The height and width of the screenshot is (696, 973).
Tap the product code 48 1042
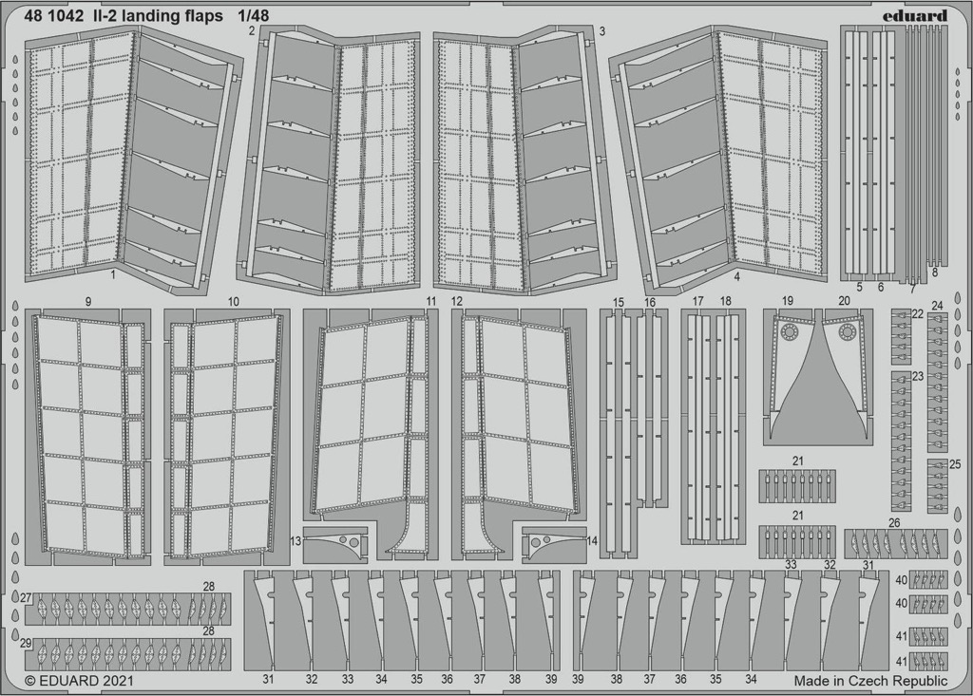(x=54, y=16)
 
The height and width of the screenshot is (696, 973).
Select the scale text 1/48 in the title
(x=253, y=16)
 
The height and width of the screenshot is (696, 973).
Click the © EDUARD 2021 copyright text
(x=80, y=681)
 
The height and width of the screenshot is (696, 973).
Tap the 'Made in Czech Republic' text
(x=871, y=681)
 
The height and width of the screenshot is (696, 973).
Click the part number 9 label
(x=88, y=302)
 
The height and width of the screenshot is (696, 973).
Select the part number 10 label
(x=234, y=302)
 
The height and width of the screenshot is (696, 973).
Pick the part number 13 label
(x=296, y=541)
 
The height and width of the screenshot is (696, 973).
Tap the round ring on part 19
(x=790, y=333)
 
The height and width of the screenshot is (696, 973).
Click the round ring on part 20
(x=846, y=333)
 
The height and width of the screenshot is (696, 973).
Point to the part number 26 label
(x=894, y=523)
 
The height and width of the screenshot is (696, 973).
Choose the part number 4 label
(x=736, y=277)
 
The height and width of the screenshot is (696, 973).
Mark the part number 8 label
(x=935, y=272)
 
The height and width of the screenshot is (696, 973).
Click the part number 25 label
(x=954, y=464)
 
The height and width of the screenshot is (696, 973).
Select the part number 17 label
(x=698, y=302)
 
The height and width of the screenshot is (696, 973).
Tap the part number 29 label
(x=26, y=643)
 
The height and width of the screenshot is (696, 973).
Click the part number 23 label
(x=918, y=376)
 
